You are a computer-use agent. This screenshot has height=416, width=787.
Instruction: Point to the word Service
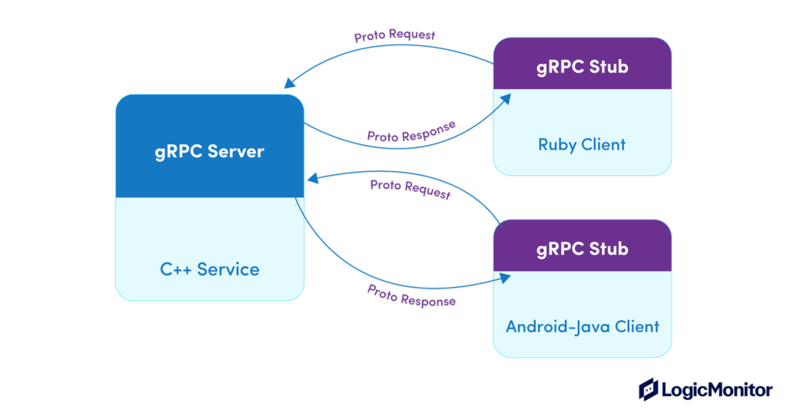point(228,269)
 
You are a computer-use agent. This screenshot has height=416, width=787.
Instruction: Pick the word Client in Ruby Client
point(603,144)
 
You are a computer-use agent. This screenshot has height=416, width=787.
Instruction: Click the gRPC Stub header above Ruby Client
point(582,67)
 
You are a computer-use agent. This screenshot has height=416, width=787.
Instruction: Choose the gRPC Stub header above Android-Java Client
point(582,249)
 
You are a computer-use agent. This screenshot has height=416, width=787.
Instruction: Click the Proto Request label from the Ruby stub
point(394,35)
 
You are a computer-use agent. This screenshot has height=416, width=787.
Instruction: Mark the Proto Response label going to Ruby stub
point(411,131)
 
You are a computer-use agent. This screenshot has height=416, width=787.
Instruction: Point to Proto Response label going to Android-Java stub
point(411,295)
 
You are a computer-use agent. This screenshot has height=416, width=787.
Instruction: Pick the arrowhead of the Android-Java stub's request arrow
point(312,179)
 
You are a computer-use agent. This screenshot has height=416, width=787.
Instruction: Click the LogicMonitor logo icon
point(649,389)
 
